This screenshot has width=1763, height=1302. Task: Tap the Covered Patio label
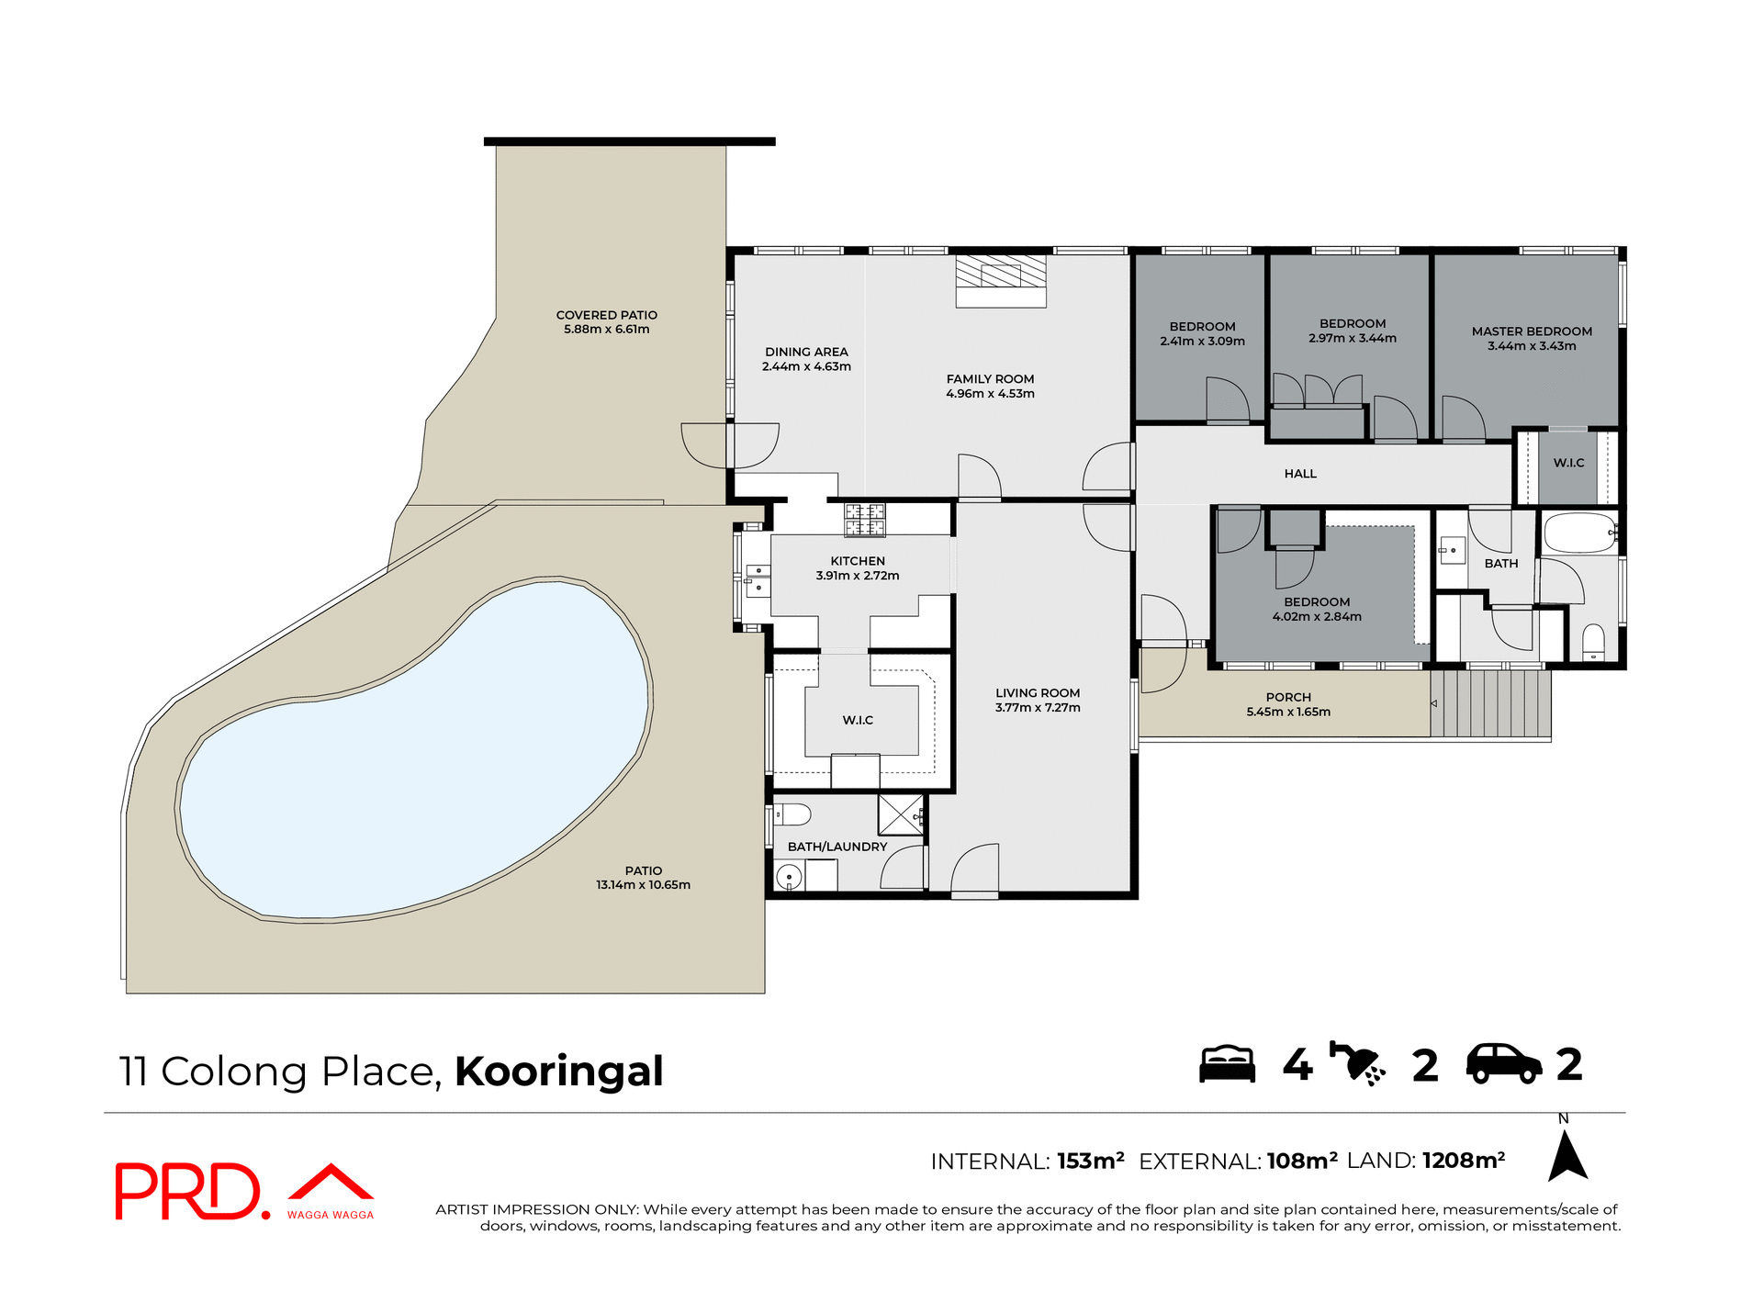coord(606,315)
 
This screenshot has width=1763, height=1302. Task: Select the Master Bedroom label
coord(1532,331)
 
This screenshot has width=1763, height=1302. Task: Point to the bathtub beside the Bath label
coord(1580,533)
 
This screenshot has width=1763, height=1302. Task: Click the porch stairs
coord(1490,703)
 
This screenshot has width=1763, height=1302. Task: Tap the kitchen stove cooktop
coord(865,520)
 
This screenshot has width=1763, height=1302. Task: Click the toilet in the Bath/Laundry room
coord(792,814)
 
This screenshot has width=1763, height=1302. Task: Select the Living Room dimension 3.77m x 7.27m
coord(1038,708)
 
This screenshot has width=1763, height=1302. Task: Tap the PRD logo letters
coord(188,1192)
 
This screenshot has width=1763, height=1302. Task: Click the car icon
coord(1503,1065)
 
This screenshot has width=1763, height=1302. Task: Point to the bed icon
coord(1227,1065)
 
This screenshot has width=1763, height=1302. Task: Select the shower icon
coord(1358,1065)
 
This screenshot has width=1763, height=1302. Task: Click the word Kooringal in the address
coord(558,1072)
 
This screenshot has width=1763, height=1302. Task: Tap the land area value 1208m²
coord(1463,1161)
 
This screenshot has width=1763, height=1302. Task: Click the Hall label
coord(1300,474)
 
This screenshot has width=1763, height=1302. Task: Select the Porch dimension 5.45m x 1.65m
coord(1288,712)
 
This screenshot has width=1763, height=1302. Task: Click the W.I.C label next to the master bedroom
coord(1568,463)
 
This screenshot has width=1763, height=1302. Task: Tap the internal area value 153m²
coord(1090,1162)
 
